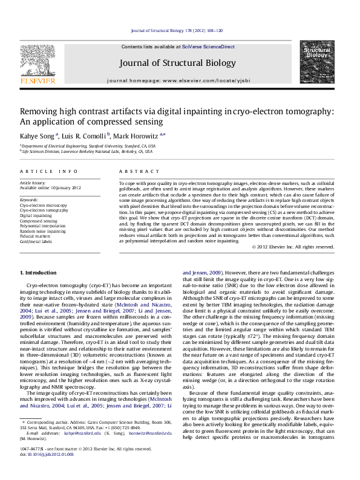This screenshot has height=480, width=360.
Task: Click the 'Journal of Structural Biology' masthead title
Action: [x=178, y=63]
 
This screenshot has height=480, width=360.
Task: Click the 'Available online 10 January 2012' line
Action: [x=50, y=188]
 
